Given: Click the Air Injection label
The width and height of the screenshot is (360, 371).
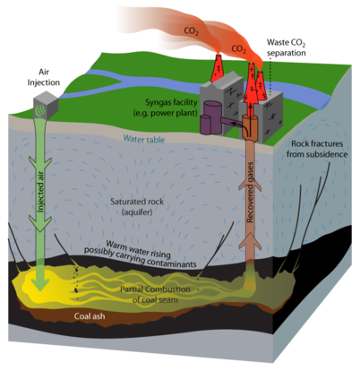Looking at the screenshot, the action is (x=44, y=77).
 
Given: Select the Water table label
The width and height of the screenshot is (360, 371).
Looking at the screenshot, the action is (x=144, y=139).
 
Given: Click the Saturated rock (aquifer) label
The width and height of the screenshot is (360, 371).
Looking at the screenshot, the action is (x=137, y=207).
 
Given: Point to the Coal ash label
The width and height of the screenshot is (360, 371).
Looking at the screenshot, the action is (x=90, y=316).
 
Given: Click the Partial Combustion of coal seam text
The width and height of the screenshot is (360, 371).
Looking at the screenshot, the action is (x=155, y=295).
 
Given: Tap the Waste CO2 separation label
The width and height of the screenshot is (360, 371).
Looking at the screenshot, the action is (x=287, y=47).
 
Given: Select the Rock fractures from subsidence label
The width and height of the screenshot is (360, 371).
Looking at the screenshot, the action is (x=317, y=149).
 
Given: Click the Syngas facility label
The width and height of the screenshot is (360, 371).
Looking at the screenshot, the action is (x=171, y=102).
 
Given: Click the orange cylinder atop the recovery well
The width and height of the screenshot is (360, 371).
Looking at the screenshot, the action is (x=250, y=126).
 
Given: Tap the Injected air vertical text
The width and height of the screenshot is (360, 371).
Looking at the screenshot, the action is (x=40, y=192).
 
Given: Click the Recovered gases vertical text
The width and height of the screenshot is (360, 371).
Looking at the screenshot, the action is (x=250, y=192).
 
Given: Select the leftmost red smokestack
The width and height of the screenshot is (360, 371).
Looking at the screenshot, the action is (x=218, y=68).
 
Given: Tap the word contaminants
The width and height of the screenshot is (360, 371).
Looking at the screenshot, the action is (x=171, y=262).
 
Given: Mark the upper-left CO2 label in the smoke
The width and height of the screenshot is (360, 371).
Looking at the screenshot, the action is (x=192, y=30).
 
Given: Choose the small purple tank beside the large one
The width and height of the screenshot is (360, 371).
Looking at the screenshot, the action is (x=205, y=125).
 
